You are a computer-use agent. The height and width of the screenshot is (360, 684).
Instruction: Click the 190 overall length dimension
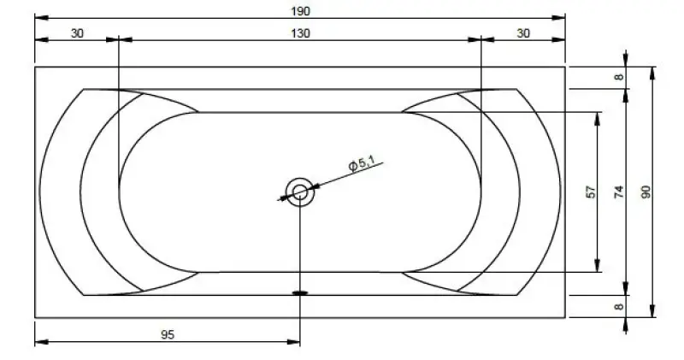tap(300, 10)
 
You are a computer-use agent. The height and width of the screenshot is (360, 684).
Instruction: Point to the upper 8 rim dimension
tap(619, 77)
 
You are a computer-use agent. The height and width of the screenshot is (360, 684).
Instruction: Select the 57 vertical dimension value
tap(590, 192)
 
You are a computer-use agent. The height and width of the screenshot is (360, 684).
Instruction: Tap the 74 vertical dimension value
tap(619, 192)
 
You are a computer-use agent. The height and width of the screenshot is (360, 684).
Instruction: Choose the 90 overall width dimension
tap(646, 192)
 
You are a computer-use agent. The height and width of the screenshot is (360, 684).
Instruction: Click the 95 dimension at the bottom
tap(168, 335)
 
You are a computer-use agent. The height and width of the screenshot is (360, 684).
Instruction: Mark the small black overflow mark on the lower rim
tap(300, 292)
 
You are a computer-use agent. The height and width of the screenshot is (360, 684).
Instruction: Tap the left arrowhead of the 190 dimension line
tap(39, 17)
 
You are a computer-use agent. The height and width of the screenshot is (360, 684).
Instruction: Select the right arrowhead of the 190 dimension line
tap(562, 17)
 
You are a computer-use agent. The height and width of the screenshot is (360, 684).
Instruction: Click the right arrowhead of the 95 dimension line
tap(295, 344)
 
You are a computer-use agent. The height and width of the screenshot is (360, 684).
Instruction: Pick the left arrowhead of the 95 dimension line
tap(39, 344)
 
